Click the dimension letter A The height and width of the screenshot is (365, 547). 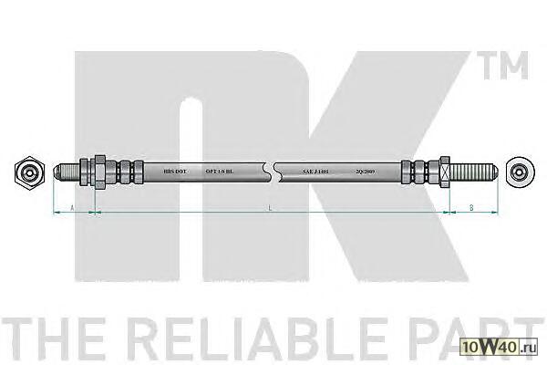(x=72, y=208)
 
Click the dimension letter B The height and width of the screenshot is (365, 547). (x=470, y=208)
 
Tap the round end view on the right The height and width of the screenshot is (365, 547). (x=520, y=170)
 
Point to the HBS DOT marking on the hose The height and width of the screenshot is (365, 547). (x=173, y=171)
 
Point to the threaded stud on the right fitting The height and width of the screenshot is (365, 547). (x=471, y=170)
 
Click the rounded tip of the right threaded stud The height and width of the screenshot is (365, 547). (x=492, y=170)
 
